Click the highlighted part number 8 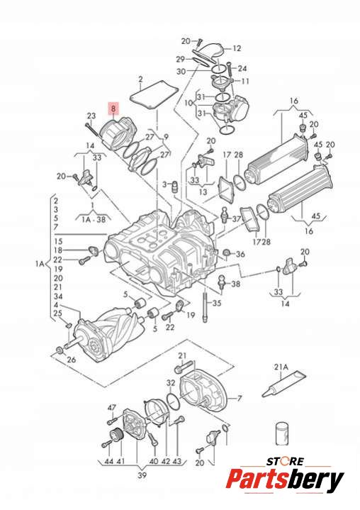tap(113, 109)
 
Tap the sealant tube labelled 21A tap(283, 384)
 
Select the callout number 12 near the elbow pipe tap(237, 48)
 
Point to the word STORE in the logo tap(285, 462)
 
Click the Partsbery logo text tap(285, 479)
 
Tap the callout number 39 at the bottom tap(142, 475)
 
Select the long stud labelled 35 tap(205, 307)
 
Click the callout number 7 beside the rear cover tap(240, 398)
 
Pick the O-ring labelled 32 tap(173, 402)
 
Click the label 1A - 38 tap(94, 220)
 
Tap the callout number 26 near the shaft tap(71, 360)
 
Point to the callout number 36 tap(240, 254)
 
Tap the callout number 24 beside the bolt tap(242, 69)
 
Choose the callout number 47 tap(112, 408)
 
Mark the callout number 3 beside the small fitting tap(164, 184)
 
